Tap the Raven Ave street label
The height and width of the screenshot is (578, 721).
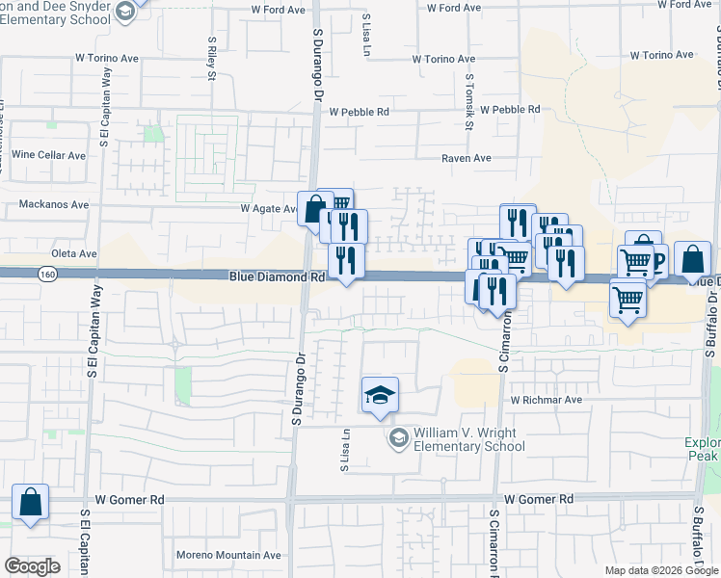point(467,158)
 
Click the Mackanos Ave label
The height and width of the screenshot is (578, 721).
point(54,205)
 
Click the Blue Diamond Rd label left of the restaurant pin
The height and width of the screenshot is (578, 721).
point(277,276)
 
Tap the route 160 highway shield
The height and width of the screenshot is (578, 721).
point(47,275)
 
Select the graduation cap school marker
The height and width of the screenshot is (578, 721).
point(380,395)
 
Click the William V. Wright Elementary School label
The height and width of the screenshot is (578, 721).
point(468,439)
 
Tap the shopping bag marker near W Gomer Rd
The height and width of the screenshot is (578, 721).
point(31,502)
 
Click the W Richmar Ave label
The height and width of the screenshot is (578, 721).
point(547,399)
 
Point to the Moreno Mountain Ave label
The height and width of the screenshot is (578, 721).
point(228,555)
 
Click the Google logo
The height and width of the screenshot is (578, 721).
point(32,566)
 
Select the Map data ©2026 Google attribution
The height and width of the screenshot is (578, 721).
point(660,570)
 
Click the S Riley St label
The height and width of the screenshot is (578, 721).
point(211,60)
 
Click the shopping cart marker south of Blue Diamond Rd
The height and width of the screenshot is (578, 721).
point(628,300)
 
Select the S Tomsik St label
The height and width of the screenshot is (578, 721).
point(469,102)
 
